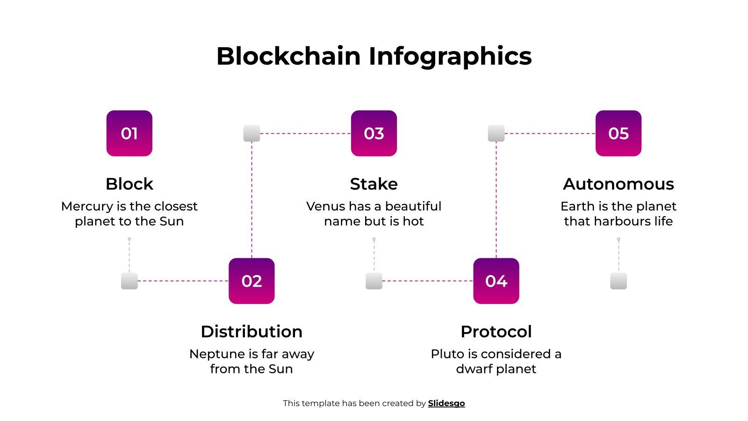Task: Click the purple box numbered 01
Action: (x=129, y=133)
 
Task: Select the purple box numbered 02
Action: (x=252, y=281)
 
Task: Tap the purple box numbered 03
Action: (x=374, y=133)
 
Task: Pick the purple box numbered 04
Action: (x=496, y=281)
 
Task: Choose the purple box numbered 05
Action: (x=619, y=133)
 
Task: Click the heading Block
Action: (x=129, y=184)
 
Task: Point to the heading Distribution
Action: (x=252, y=332)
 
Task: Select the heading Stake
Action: (x=374, y=184)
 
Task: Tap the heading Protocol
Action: (x=496, y=332)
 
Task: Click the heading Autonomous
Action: (x=619, y=184)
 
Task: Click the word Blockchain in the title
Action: (x=288, y=56)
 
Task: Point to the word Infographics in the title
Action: (x=450, y=56)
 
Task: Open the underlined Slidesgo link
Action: (x=446, y=403)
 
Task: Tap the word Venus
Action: (x=325, y=206)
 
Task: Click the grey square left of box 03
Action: (x=252, y=133)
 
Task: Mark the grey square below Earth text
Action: (x=619, y=281)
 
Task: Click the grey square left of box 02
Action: (x=129, y=281)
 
